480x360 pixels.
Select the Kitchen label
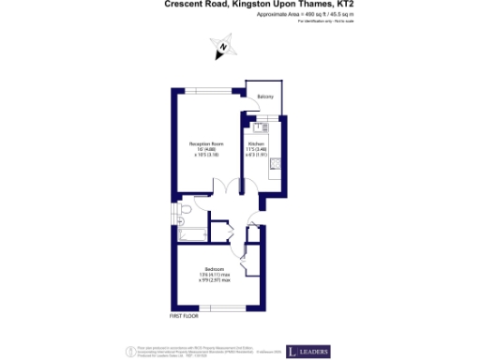256,143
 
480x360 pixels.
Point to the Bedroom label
215,268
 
